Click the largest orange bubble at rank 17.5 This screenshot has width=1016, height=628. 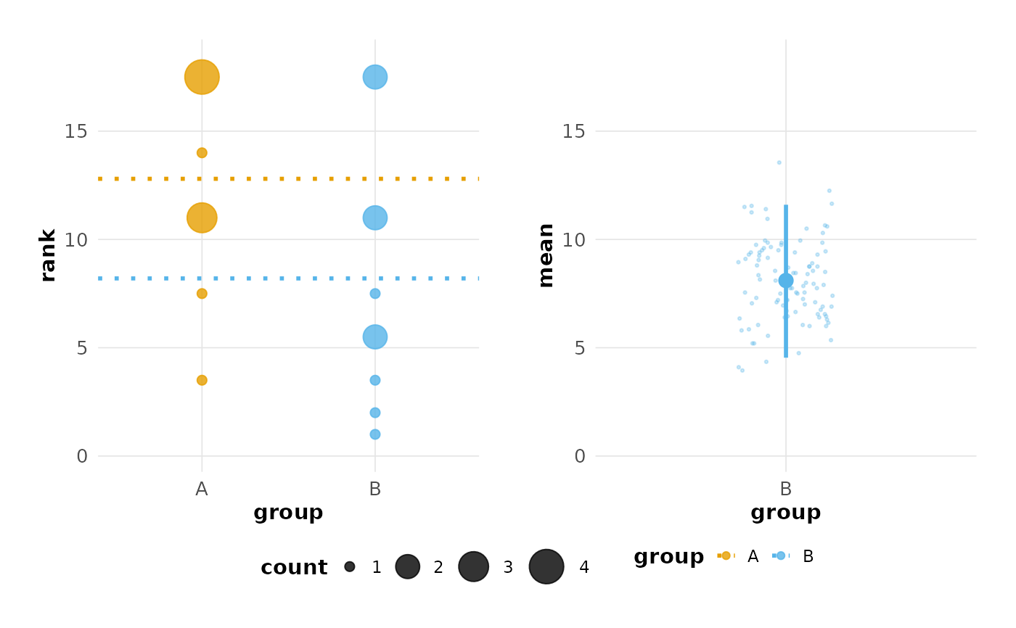pyautogui.click(x=202, y=77)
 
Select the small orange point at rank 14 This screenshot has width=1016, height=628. pyautogui.click(x=202, y=153)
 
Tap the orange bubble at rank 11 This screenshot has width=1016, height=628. pyautogui.click(x=202, y=218)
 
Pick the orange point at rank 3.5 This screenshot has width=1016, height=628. pyautogui.click(x=202, y=380)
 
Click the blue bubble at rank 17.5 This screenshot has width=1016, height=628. pyautogui.click(x=374, y=77)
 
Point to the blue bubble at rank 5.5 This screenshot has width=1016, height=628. pyautogui.click(x=374, y=336)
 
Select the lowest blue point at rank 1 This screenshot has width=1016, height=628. pyautogui.click(x=374, y=434)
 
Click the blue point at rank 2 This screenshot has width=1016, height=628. pyautogui.click(x=374, y=413)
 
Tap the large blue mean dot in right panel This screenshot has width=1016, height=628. pyautogui.click(x=785, y=281)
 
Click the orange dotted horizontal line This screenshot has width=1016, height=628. pyautogui.click(x=290, y=178)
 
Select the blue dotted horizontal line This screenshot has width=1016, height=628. pyautogui.click(x=290, y=278)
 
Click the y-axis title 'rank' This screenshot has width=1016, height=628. pyautogui.click(x=48, y=255)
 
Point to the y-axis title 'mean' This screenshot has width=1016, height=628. pyautogui.click(x=546, y=255)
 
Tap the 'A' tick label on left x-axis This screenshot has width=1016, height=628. pyautogui.click(x=202, y=489)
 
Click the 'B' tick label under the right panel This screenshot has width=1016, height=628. pyautogui.click(x=785, y=489)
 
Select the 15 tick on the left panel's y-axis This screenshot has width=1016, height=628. pyautogui.click(x=75, y=131)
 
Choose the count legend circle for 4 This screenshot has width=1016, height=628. pyautogui.click(x=546, y=566)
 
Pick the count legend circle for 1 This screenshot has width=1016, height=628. pyautogui.click(x=350, y=566)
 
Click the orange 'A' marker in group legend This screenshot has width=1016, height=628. pyautogui.click(x=726, y=555)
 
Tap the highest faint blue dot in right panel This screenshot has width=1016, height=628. pyautogui.click(x=779, y=162)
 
